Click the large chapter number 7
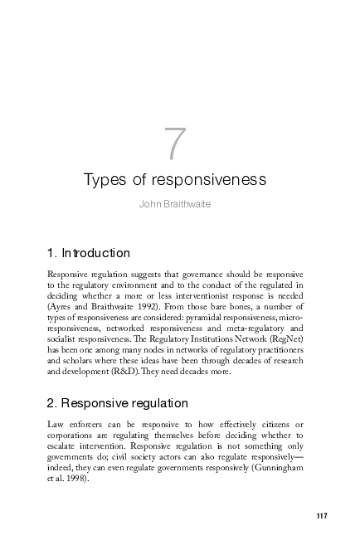pos(175,145)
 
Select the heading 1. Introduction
pos(89,252)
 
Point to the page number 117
pos(322,517)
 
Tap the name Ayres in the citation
pos(61,307)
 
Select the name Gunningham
pos(277,468)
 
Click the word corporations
pos(72,436)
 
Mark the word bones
pos(226,307)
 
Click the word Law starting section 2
pos(56,425)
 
